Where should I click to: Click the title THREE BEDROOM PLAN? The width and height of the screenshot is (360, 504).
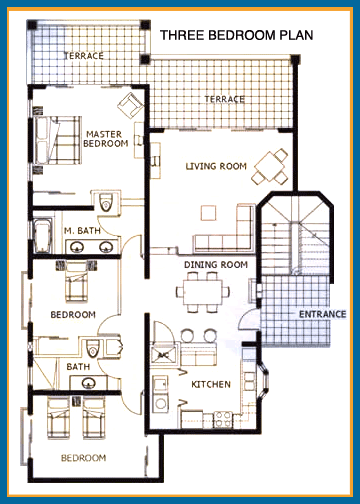(236, 35)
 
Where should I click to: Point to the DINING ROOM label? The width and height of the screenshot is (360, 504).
(215, 265)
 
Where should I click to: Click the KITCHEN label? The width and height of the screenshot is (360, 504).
(211, 385)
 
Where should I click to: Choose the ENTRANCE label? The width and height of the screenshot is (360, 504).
(322, 314)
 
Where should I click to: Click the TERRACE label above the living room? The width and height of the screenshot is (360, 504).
(226, 99)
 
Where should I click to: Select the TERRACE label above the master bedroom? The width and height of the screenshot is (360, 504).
(83, 56)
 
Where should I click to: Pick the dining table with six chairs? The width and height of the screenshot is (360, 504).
(210, 289)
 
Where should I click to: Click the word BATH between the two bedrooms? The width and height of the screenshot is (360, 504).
(78, 367)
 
